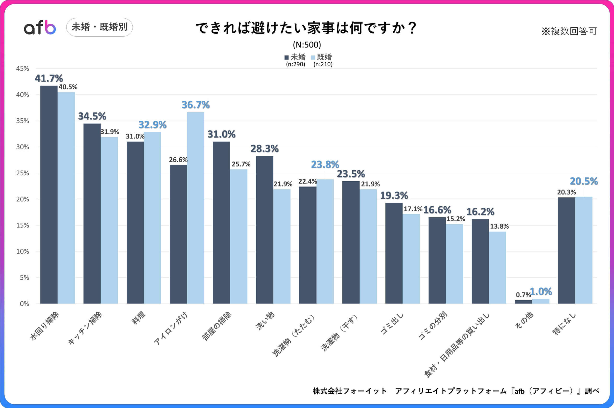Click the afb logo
(40, 27)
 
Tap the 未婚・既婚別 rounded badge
(99, 27)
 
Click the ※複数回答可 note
(569, 31)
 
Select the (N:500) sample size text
(307, 45)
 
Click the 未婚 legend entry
(295, 57)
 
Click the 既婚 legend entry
(322, 57)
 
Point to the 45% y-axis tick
(23, 69)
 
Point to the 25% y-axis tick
(23, 173)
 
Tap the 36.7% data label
(195, 105)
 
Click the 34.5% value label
(92, 116)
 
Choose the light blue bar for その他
(541, 301)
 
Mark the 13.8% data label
(499, 226)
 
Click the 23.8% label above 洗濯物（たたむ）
(325, 165)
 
